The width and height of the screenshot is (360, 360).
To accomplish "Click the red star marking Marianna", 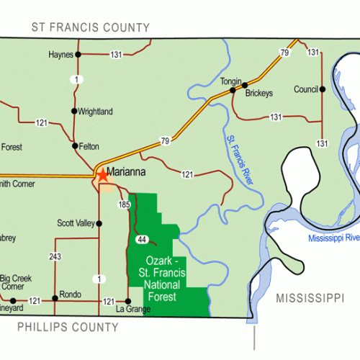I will pos(102,174).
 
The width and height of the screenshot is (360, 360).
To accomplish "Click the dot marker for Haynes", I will pos(78,54).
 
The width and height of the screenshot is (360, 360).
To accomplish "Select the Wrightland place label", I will pos(96,112).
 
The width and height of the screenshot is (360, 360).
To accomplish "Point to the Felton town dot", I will pos(75,145).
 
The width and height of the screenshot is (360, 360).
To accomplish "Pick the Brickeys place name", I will pos(259,94).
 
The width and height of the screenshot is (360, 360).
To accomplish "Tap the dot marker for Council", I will pos(323,89).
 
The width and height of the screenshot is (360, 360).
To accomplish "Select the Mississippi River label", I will pos(333,238).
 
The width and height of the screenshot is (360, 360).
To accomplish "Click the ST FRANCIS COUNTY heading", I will pos(90,27).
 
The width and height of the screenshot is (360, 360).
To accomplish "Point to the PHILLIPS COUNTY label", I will pos(68,327).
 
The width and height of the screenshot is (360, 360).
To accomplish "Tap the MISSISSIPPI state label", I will pos(310,297).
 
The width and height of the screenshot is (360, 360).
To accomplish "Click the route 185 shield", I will pos(125,205).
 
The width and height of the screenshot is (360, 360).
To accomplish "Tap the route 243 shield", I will pos(56,257).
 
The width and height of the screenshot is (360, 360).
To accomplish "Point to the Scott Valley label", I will pos(76,223).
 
